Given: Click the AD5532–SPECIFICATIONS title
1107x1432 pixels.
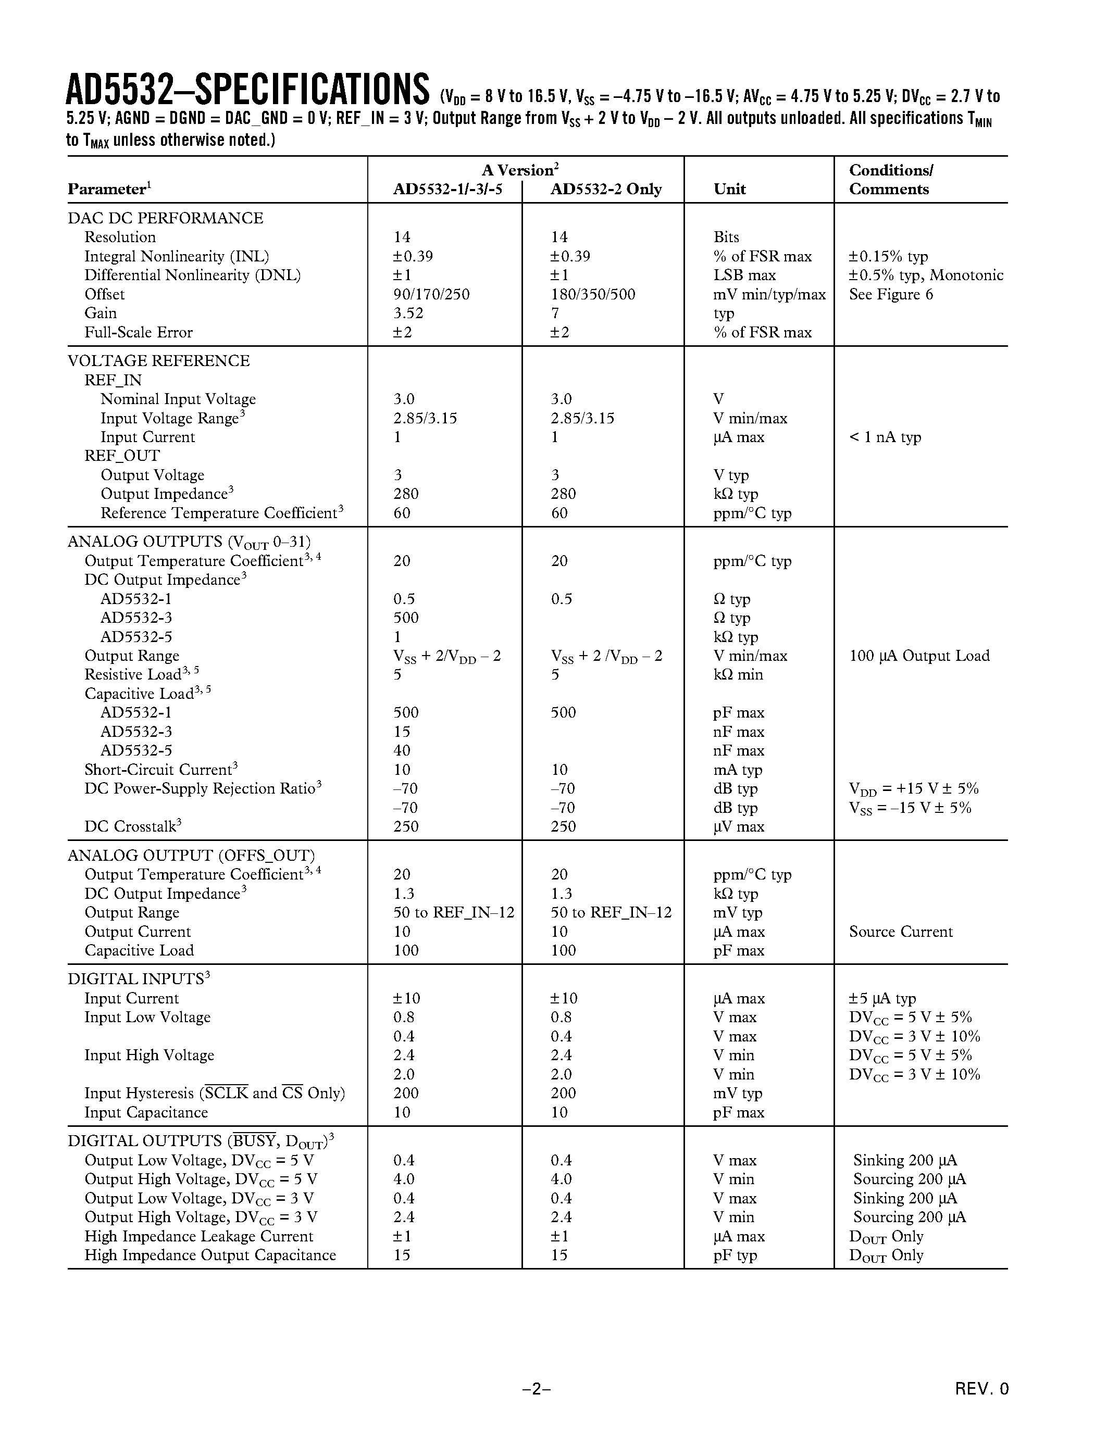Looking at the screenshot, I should point(248,91).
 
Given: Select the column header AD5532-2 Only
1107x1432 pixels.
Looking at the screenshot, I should point(605,190).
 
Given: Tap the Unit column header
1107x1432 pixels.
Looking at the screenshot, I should point(729,190).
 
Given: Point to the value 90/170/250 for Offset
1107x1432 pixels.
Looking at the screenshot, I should point(431,294).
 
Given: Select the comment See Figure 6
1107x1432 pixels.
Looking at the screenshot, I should point(891,294).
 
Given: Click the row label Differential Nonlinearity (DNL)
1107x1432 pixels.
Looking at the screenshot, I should point(192,275).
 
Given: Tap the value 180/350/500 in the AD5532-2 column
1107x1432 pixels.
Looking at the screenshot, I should point(592,294).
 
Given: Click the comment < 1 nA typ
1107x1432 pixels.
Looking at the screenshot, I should point(885,437).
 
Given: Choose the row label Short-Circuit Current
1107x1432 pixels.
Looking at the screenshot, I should point(158,770).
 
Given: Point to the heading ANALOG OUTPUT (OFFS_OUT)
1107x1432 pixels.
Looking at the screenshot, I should point(191,856).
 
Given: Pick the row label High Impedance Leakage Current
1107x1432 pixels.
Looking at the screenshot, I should point(198,1236).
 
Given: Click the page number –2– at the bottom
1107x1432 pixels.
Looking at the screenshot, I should point(537,1388).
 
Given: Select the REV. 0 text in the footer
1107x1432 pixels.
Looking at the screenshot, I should point(981,1388).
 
